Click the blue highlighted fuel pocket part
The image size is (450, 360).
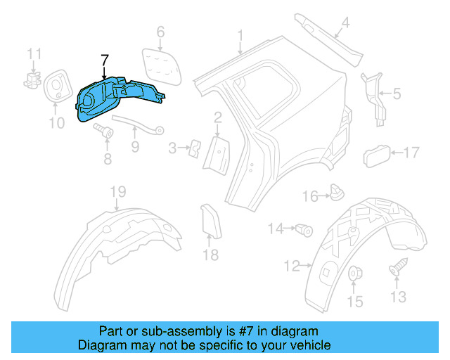pyautogui.click(x=116, y=100)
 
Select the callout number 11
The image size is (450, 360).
pyautogui.click(x=34, y=53)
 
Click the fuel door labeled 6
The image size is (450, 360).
pyautogui.click(x=160, y=64)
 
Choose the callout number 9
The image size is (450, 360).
pyautogui.click(x=134, y=147)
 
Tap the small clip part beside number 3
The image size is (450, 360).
pyautogui.click(x=195, y=147)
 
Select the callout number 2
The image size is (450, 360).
pyautogui.click(x=219, y=117)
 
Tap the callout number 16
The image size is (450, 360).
pyautogui.click(x=310, y=196)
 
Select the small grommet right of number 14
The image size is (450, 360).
pyautogui.click(x=304, y=229)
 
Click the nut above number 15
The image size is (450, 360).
pyautogui.click(x=355, y=273)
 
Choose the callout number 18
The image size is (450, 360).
pyautogui.click(x=212, y=255)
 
